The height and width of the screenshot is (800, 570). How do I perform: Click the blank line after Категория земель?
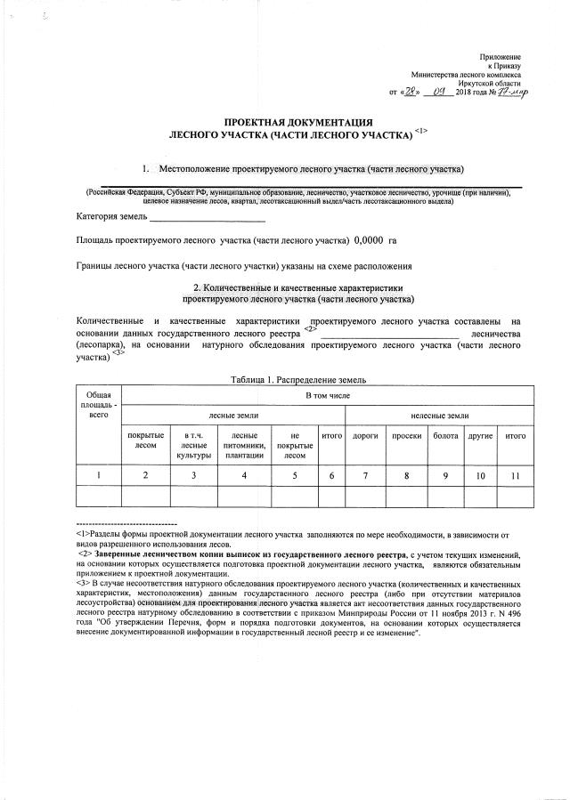207,216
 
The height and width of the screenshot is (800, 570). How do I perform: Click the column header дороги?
366,437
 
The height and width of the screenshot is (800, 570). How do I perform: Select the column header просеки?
406,437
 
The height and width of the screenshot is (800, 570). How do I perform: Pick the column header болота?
445,437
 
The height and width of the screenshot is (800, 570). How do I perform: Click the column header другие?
480,437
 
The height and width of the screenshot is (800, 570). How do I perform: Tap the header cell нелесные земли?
439,416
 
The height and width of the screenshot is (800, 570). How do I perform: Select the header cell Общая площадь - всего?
98,405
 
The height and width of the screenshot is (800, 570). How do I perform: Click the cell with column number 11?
515,476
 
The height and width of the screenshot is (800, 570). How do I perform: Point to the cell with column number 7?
366,476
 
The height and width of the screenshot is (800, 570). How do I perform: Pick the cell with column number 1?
98,476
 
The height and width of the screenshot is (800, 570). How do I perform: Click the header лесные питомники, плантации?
244,443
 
